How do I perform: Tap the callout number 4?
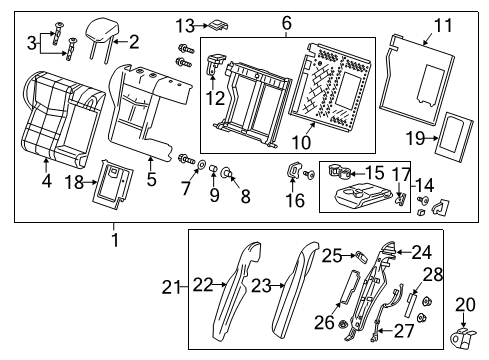46,181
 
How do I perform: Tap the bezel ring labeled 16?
294,171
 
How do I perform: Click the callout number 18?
71,181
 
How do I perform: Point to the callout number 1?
113,239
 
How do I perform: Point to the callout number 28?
432,273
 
